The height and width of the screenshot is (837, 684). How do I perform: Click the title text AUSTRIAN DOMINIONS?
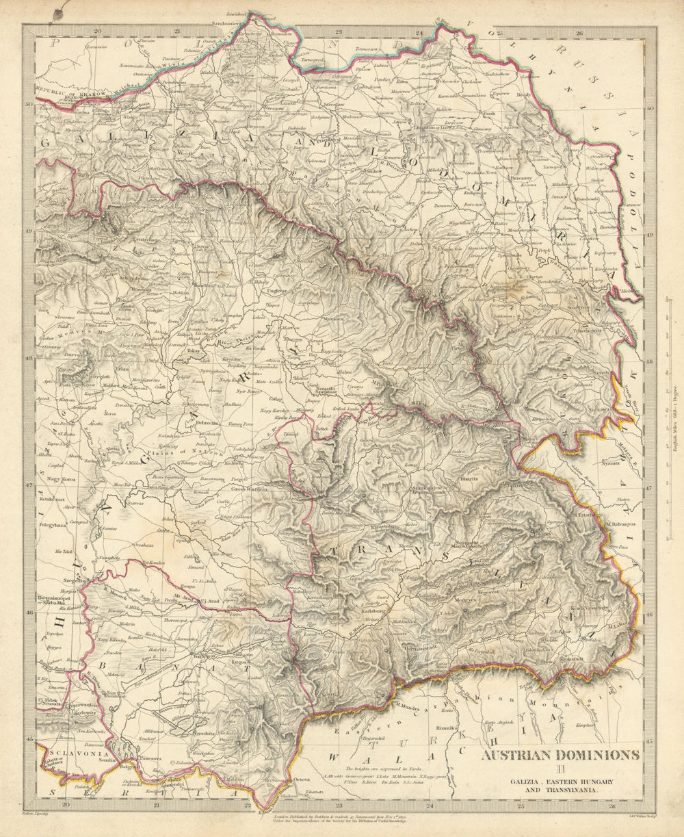(560, 755)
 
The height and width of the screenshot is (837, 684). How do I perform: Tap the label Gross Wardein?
(248, 489)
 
